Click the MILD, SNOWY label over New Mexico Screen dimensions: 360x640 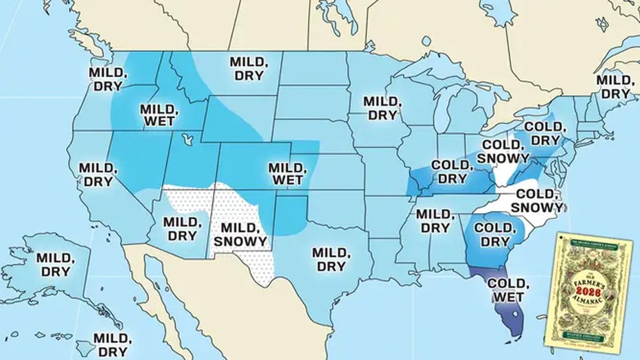click(240, 234)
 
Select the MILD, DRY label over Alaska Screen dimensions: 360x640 click(53, 264)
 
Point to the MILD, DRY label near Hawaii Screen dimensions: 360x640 click(111, 344)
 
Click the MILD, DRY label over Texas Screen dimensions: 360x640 click(330, 258)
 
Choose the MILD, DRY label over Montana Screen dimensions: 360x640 click(249, 68)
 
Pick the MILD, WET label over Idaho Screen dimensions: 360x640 click(159, 115)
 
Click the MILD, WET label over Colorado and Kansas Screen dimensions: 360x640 click(286, 175)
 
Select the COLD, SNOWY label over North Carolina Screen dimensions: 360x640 click(538, 201)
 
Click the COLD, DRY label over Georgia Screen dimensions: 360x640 click(492, 234)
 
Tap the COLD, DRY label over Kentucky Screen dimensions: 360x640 click(452, 172)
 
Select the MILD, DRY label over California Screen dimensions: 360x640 click(97, 175)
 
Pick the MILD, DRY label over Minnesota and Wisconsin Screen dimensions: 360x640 click(380, 108)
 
